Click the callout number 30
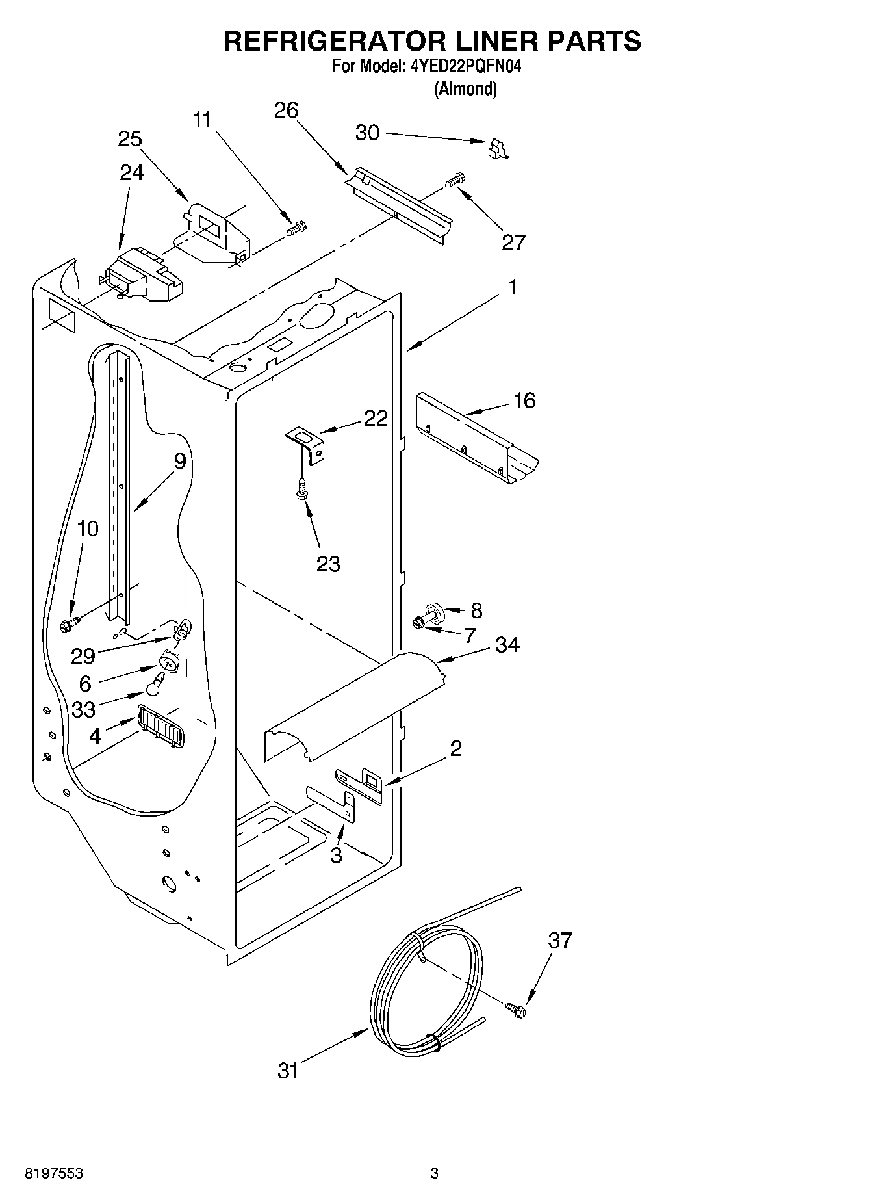[x=367, y=133]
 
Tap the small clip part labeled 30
[x=497, y=149]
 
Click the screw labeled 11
[x=297, y=228]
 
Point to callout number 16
[x=524, y=400]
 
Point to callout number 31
[x=288, y=1070]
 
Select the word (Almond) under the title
[x=465, y=89]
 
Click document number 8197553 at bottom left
[x=53, y=1173]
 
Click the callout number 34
[x=507, y=645]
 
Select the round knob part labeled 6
[x=168, y=664]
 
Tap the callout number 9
[x=180, y=461]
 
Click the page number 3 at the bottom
[x=434, y=1173]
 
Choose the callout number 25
[x=130, y=138]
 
